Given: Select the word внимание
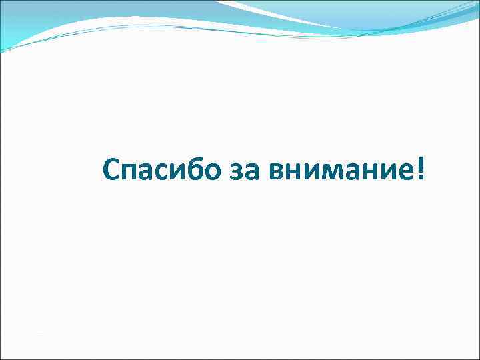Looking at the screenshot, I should click(339, 173).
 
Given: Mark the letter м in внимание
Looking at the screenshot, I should click(332, 174).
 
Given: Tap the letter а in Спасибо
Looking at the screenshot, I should click(147, 174).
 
